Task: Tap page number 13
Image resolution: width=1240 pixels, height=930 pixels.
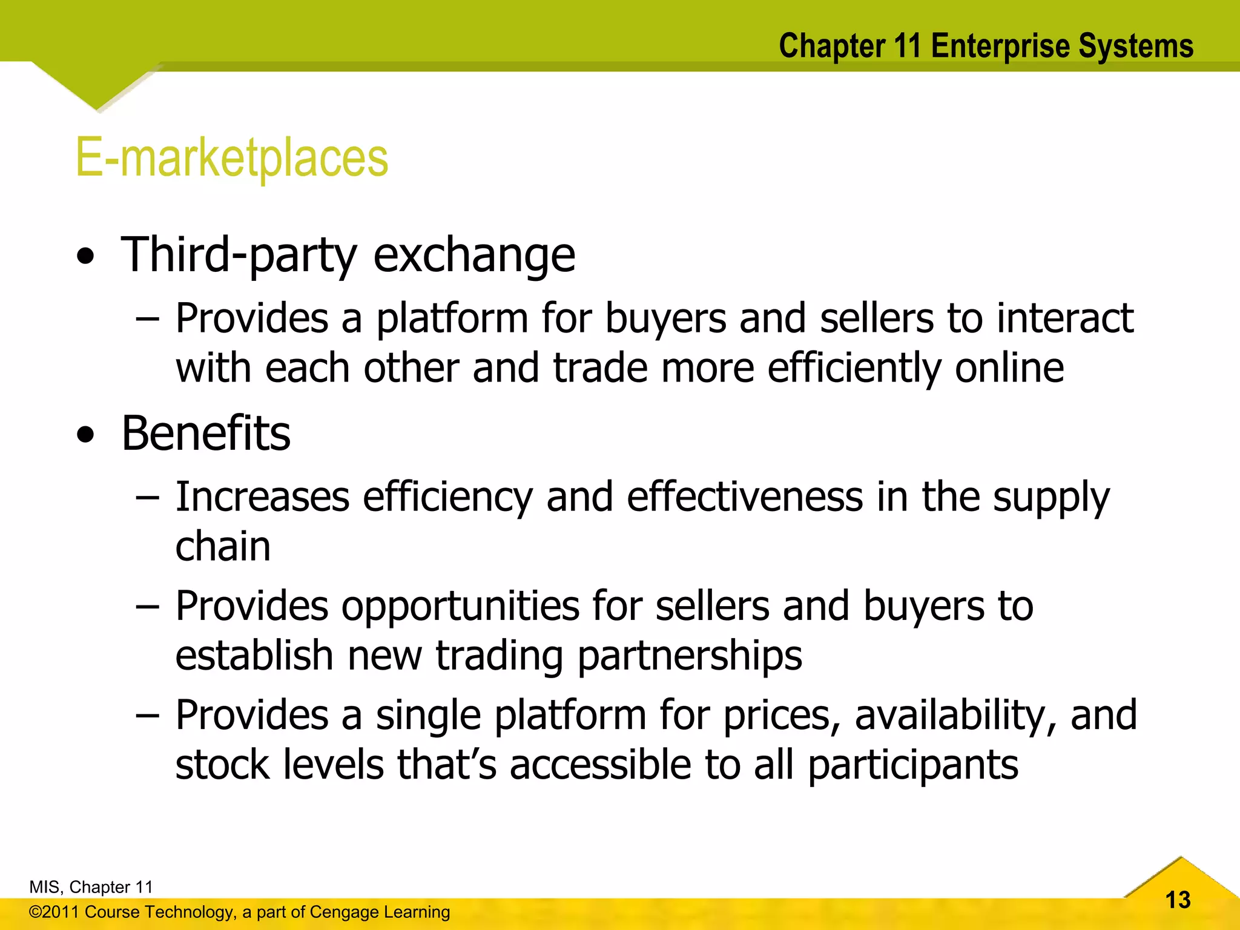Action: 1178,900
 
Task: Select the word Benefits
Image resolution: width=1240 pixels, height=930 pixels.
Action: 206,434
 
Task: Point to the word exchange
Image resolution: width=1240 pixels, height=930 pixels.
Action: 474,256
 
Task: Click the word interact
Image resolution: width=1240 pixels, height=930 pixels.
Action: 1065,318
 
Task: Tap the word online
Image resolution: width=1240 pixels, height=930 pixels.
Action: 1009,368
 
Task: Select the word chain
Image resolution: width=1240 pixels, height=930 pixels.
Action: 223,547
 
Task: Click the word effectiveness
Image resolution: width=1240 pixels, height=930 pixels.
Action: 745,497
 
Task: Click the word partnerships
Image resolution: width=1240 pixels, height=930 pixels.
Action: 690,656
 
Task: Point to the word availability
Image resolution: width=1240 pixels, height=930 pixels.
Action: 955,715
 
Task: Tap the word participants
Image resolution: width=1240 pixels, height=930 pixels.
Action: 914,765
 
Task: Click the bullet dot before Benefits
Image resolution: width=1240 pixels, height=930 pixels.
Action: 86,435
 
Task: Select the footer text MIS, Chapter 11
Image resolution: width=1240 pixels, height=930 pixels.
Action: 91,887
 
